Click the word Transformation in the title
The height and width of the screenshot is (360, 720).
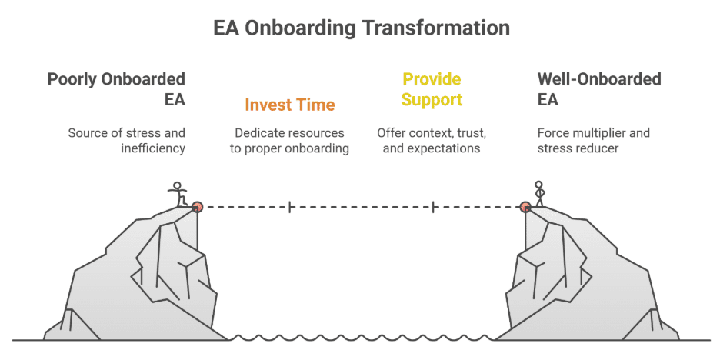436,28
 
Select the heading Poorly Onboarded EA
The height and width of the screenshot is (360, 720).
116,88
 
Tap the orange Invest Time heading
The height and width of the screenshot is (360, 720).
290,105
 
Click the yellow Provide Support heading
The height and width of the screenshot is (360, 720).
432,88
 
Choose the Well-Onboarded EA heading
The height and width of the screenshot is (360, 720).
599,88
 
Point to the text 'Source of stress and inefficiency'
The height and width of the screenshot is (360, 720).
127,140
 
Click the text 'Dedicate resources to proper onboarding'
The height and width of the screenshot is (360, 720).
289,140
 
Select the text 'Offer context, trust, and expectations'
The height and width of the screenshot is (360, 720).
432,140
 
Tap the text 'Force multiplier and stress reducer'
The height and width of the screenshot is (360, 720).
593,140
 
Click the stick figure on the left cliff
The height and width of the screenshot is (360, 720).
178,193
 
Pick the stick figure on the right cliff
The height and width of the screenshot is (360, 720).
539,193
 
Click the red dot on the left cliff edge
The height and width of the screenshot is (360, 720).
197,206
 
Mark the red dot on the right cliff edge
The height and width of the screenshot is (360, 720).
525,206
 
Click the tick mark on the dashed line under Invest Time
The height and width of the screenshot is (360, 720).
289,206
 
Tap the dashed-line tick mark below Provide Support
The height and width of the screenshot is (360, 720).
434,206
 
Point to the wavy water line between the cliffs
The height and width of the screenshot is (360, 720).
362,337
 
